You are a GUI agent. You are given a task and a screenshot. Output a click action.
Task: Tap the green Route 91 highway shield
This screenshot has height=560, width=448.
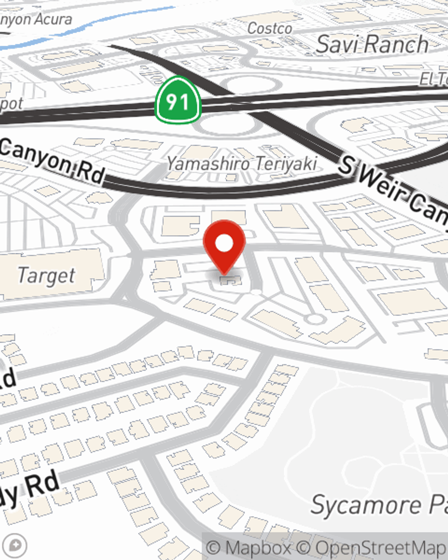click(177, 101)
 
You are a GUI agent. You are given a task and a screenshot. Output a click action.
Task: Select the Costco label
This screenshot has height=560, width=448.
click(270, 29)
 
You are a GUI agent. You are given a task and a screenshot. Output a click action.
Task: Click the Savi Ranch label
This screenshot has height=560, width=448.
click(372, 44)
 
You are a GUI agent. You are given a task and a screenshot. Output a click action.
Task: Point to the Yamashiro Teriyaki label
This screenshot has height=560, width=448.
click(242, 164)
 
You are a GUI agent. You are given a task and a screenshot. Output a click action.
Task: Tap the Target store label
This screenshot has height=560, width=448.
click(46, 276)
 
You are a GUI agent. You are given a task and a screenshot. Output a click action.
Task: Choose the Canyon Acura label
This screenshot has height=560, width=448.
click(36, 19)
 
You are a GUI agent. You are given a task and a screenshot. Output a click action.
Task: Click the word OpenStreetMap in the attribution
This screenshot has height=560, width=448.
click(381, 548)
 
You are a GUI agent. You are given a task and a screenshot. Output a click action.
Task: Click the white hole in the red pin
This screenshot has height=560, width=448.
click(224, 243)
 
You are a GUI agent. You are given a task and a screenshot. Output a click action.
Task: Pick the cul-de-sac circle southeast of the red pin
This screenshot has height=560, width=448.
click(315, 319)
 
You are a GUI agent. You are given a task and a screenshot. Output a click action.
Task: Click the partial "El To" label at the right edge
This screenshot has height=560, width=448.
click(434, 79)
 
